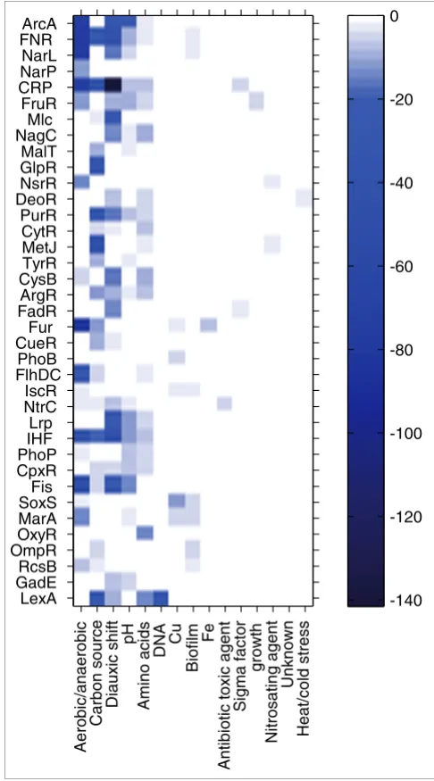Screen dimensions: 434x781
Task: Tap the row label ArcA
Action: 38,23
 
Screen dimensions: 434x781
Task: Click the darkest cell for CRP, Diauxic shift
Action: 113,85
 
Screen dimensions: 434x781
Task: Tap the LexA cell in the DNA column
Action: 161,598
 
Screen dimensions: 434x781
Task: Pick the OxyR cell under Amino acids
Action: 145,535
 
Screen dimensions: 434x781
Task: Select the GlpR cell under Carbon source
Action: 97,166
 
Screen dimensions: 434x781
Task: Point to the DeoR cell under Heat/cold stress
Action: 304,198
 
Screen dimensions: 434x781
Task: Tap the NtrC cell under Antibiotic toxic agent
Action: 224,405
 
